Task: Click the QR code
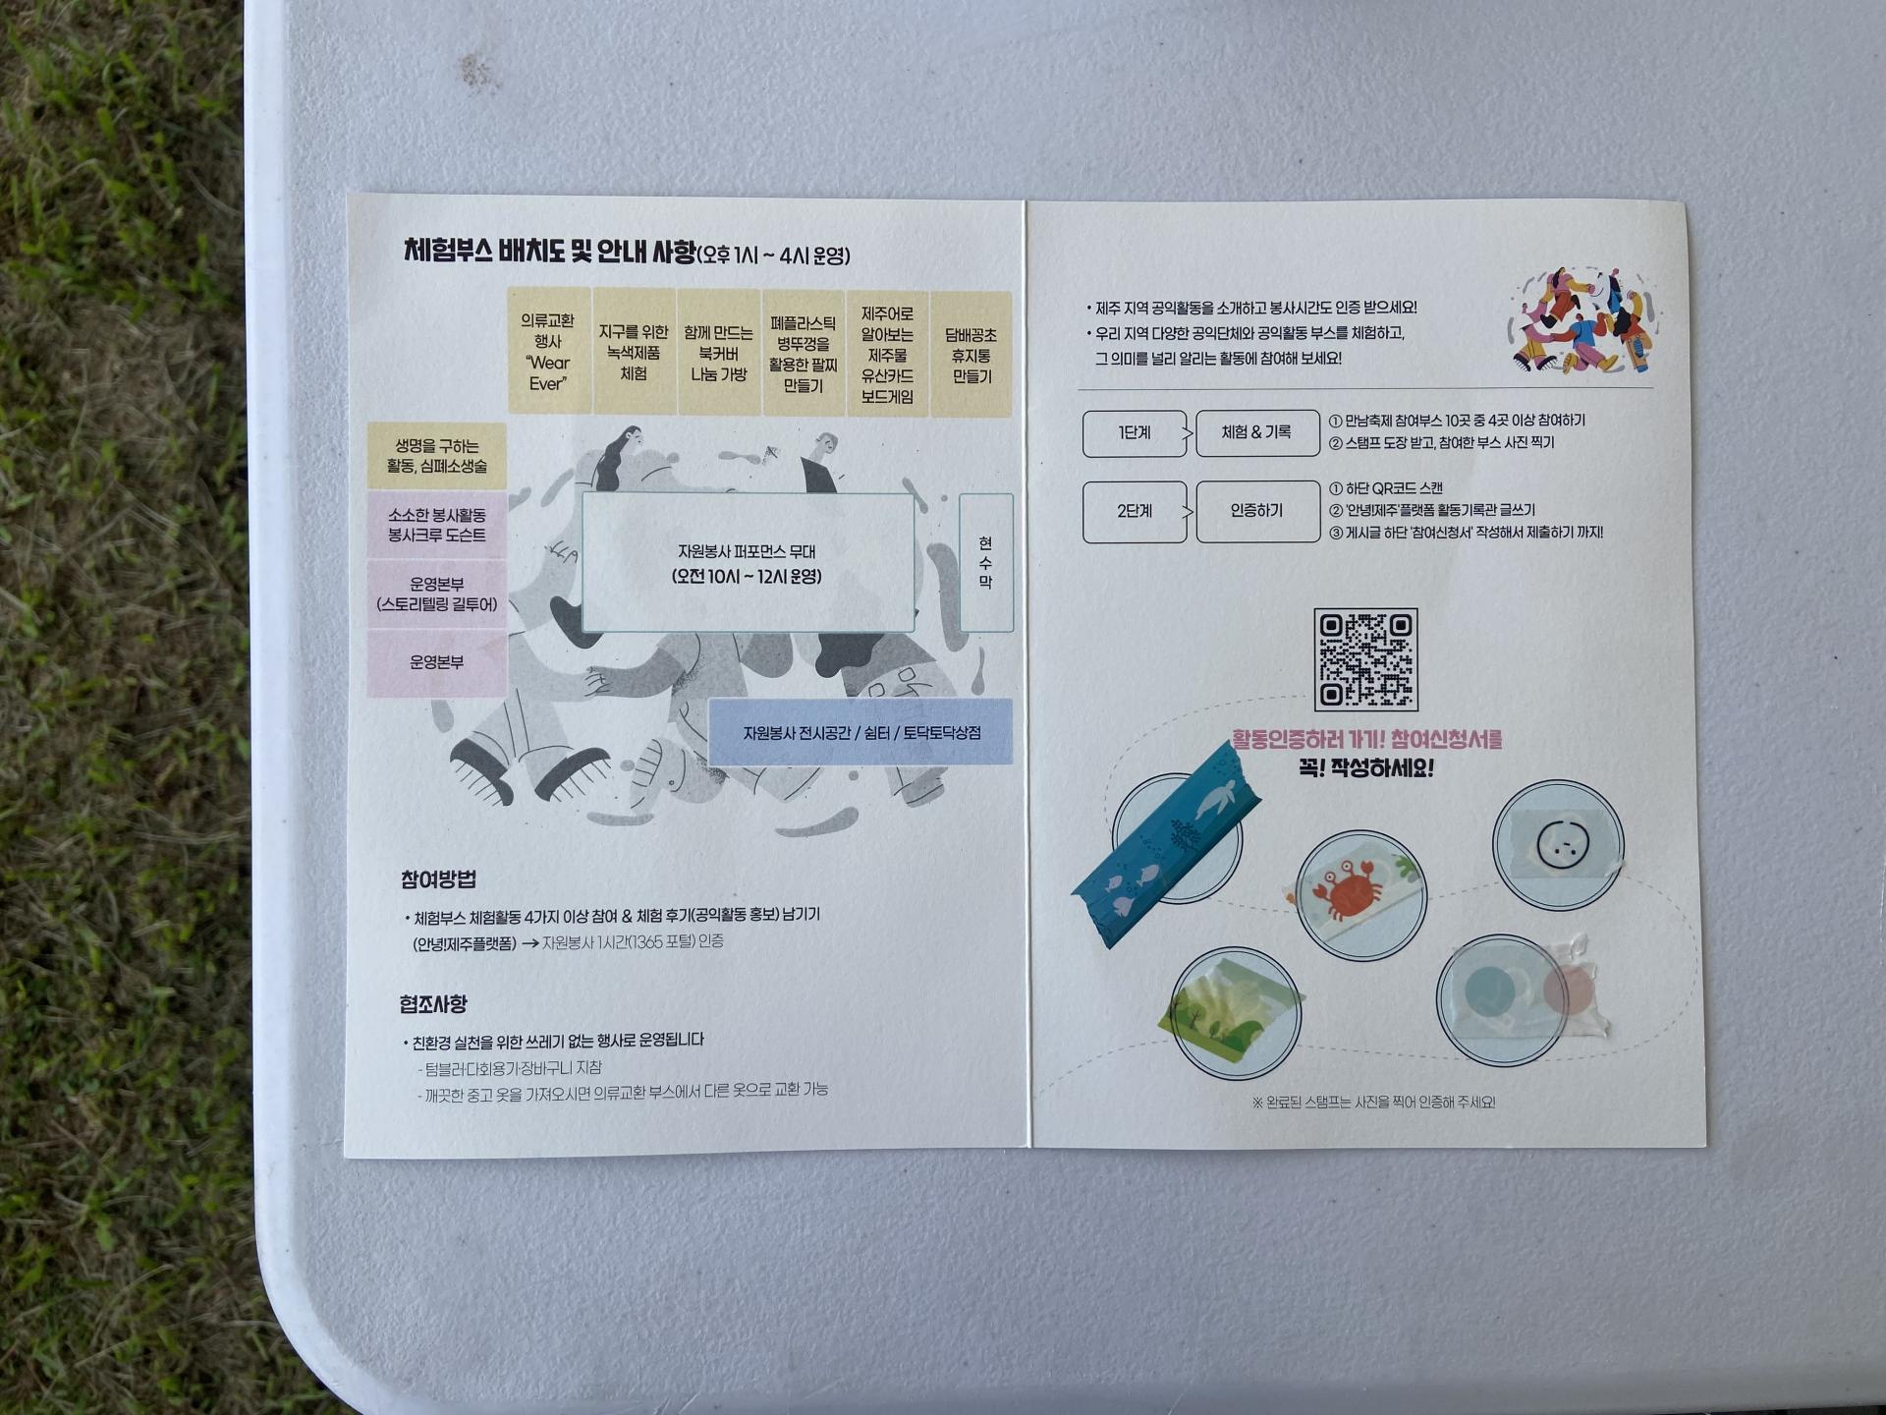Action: click(1365, 658)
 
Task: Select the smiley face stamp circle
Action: click(1559, 844)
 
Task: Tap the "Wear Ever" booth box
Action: click(548, 352)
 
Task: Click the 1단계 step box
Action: click(1134, 433)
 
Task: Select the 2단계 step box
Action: click(1134, 512)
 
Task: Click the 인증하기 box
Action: click(1256, 511)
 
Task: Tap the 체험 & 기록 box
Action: click(1256, 433)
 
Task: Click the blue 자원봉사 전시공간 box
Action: click(860, 732)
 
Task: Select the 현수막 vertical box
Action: click(985, 562)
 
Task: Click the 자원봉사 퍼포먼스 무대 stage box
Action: click(748, 563)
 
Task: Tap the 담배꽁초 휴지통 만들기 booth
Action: click(971, 355)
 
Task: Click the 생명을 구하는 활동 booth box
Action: click(436, 456)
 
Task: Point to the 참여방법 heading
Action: click(438, 879)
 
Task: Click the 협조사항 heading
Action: click(433, 1004)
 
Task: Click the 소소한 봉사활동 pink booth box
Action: click(436, 526)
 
